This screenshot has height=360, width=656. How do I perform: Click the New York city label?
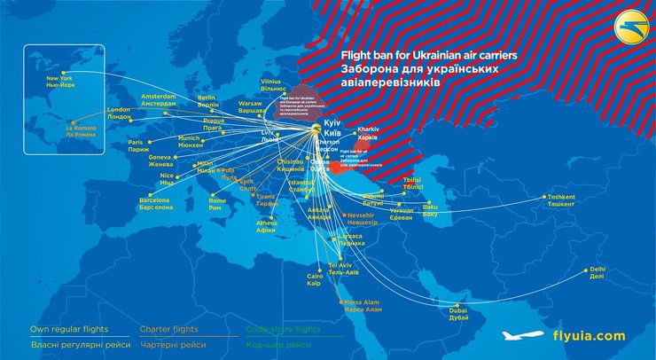[59, 82]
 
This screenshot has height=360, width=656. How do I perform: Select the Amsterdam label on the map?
[160, 98]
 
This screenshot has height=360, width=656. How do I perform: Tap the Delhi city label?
[597, 272]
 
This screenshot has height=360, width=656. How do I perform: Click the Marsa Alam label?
[363, 306]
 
